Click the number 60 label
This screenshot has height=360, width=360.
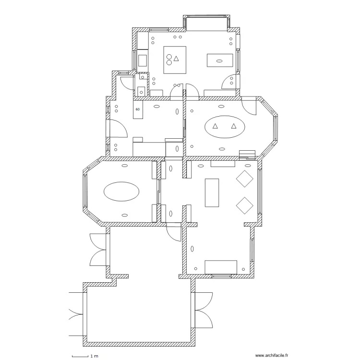pos(138,109)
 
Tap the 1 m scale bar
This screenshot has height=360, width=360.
pos(81,356)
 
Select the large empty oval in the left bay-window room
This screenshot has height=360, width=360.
pos(122,192)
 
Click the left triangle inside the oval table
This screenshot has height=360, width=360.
pos(216,126)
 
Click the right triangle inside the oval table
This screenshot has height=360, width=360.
pos(234,126)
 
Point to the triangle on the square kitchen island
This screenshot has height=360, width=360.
pos(177,59)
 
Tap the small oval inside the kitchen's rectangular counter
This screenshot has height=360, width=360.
pos(219,61)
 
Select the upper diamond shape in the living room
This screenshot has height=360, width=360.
pos(245,179)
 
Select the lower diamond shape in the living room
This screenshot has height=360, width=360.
pos(245,205)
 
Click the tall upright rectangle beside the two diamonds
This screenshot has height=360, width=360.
pos(212,192)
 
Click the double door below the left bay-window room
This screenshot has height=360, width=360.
pos(98,250)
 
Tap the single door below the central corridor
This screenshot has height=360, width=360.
pos(171,232)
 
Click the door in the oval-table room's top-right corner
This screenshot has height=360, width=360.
pos(250,107)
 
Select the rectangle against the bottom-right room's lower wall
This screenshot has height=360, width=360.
pos(221,267)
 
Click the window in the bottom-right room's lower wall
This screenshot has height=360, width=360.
pos(221,276)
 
